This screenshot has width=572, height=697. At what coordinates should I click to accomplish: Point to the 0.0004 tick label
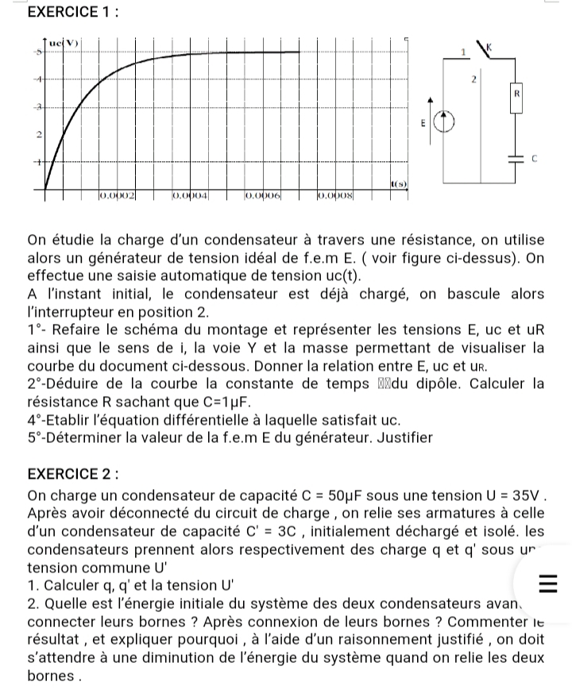[191, 194]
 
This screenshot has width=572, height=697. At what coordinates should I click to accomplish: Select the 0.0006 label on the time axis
[263, 194]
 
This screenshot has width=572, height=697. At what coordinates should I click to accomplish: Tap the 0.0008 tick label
[336, 194]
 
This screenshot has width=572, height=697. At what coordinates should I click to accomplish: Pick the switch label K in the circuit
[500, 48]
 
